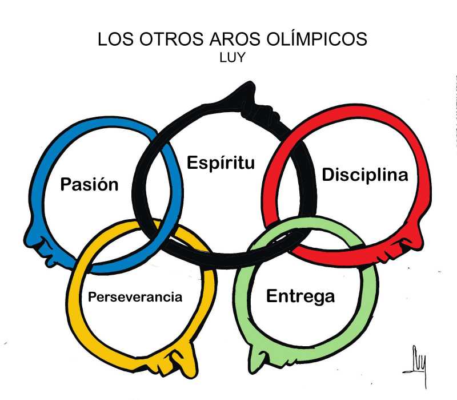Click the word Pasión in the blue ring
(x=90, y=185)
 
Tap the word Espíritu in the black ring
(x=221, y=163)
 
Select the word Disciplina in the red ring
(x=365, y=175)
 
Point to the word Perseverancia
(x=135, y=297)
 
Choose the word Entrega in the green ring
(x=300, y=296)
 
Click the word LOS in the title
(x=113, y=39)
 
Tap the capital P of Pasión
(x=66, y=185)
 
